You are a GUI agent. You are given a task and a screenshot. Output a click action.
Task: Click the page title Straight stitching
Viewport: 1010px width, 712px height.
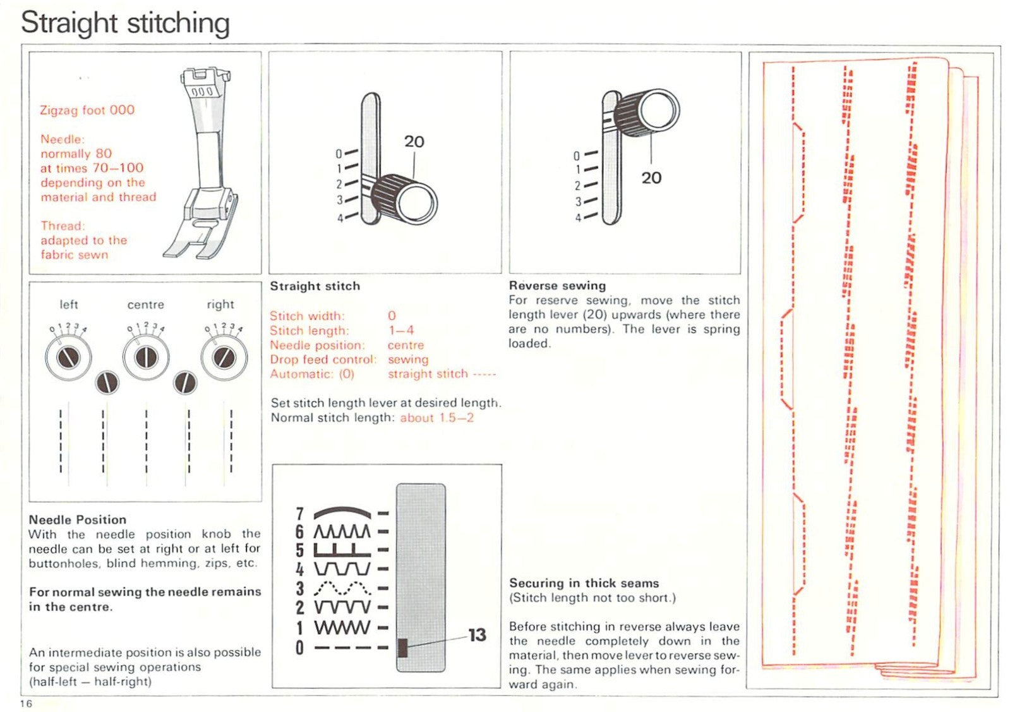(x=125, y=23)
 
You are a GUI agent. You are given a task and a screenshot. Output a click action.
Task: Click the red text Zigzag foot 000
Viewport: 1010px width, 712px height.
(x=87, y=110)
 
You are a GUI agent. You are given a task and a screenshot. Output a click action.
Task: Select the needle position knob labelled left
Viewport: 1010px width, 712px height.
(x=68, y=357)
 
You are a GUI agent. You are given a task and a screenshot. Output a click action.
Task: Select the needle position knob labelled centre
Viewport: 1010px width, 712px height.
(x=146, y=357)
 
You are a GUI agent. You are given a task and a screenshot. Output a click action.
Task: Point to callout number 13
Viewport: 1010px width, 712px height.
(x=478, y=634)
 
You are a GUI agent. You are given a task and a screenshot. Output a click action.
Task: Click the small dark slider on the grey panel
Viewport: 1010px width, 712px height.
(x=402, y=647)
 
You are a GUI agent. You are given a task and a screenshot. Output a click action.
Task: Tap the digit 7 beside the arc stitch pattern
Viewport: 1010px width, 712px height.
(x=299, y=514)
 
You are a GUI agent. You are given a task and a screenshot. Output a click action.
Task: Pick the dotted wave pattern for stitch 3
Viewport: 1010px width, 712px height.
(x=342, y=589)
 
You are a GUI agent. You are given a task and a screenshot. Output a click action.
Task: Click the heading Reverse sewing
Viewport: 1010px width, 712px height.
(x=557, y=285)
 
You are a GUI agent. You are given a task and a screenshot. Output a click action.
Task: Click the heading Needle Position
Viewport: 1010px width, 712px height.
(x=77, y=520)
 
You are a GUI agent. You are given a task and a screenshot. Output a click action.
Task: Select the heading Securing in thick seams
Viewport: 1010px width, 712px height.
(x=584, y=583)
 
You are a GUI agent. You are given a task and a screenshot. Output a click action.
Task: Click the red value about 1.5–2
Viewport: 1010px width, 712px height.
(x=436, y=418)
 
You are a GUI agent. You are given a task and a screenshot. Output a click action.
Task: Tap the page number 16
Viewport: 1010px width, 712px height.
(x=26, y=704)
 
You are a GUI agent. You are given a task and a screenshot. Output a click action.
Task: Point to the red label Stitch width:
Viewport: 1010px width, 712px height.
(x=307, y=316)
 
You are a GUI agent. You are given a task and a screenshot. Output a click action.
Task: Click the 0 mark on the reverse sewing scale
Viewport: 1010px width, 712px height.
(x=577, y=156)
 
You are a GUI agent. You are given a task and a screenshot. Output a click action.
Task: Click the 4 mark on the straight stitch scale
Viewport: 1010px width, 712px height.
(x=340, y=218)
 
